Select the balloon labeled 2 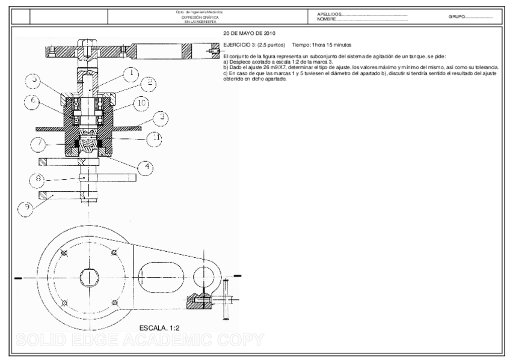(x=148, y=84)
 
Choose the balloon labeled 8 (x=38, y=178)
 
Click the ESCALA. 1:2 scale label (x=159, y=328)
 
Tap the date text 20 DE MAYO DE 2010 (x=250, y=34)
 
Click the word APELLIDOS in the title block (x=330, y=14)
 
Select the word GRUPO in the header (x=456, y=17)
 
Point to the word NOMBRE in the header (x=327, y=19)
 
